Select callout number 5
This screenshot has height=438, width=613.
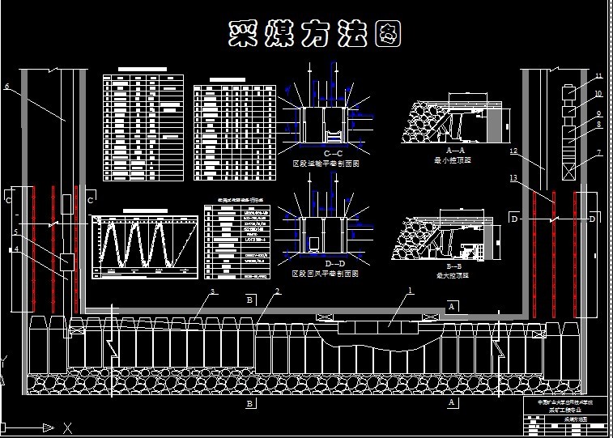coord(15,232)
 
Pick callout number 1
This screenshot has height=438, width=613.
coord(410,289)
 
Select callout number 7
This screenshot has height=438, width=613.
coord(598,153)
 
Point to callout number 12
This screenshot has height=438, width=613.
coord(513,151)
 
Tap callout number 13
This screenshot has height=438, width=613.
coord(513,177)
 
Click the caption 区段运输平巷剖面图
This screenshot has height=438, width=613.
coord(326,164)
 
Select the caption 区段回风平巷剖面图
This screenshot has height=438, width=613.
coord(325,274)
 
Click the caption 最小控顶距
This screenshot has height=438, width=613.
coord(453,160)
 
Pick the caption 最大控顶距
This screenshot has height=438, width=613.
coord(453,275)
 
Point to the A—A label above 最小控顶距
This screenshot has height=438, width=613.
coord(455,151)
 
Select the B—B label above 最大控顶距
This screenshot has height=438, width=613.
coord(454,266)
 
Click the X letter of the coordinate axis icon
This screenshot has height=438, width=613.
coord(68,427)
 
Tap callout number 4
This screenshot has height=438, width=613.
coord(15,249)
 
